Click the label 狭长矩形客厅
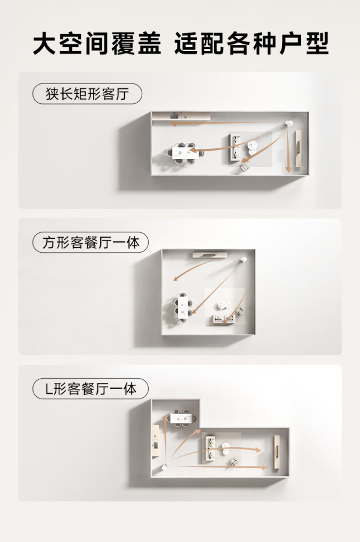point(87,94)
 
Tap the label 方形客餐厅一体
point(91,242)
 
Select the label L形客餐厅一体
point(91,389)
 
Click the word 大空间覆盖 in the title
point(97,44)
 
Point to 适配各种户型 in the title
point(251,44)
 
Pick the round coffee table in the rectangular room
point(253,146)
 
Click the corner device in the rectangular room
point(289,124)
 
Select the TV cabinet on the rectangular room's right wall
point(298,149)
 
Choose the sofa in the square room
point(224,319)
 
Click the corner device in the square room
point(243,259)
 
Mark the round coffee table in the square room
point(223,306)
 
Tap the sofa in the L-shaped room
point(211,448)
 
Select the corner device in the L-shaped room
point(164,467)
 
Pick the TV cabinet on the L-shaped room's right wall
point(277,452)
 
